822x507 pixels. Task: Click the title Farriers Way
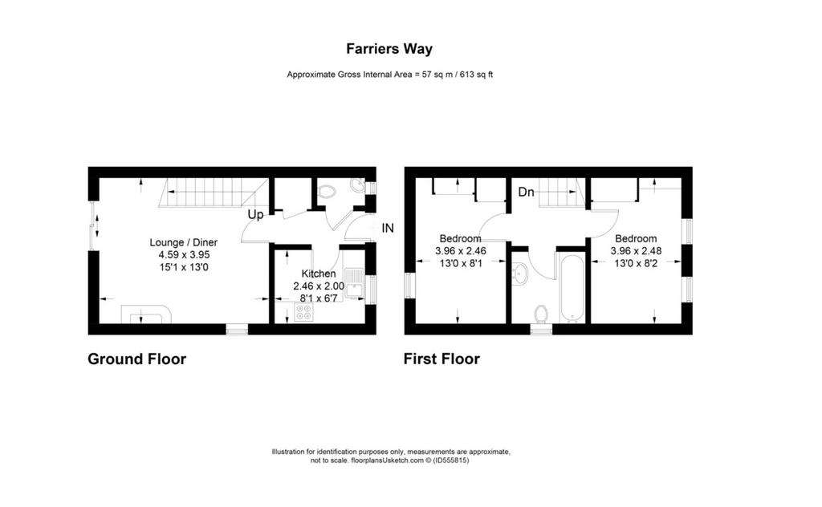pyautogui.click(x=389, y=49)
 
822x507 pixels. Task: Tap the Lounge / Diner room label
pyautogui.click(x=184, y=242)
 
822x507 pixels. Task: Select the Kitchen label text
pyautogui.click(x=319, y=274)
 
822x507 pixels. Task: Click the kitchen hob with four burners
pyautogui.click(x=303, y=312)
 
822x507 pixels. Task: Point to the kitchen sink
pyautogui.click(x=354, y=282)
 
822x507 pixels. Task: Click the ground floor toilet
pyautogui.click(x=328, y=192)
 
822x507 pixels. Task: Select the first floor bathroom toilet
pyautogui.click(x=541, y=314)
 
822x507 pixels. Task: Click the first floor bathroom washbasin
pyautogui.click(x=519, y=274)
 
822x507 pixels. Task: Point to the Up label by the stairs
pyautogui.click(x=255, y=215)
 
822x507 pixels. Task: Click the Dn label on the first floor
pyautogui.click(x=526, y=193)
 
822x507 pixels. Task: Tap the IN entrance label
pyautogui.click(x=388, y=228)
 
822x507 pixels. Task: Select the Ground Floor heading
pyautogui.click(x=136, y=359)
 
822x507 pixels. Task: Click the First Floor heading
pyautogui.click(x=442, y=359)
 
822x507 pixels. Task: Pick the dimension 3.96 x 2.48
pyautogui.click(x=636, y=251)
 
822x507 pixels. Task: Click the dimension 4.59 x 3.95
pyautogui.click(x=184, y=255)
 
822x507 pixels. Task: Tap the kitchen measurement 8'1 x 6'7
pyautogui.click(x=319, y=298)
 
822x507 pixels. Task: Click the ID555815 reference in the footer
pyautogui.click(x=451, y=460)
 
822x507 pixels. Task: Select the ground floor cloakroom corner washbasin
pyautogui.click(x=359, y=185)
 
